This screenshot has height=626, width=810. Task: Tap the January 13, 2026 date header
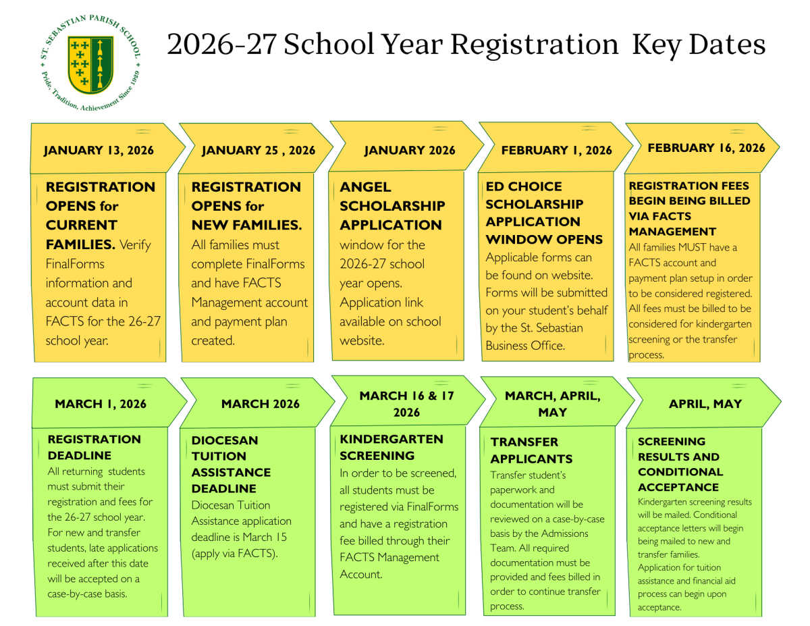(x=99, y=150)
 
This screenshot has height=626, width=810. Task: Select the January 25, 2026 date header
(x=259, y=150)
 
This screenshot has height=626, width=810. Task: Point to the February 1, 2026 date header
(x=556, y=150)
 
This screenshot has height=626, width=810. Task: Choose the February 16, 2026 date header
(x=706, y=148)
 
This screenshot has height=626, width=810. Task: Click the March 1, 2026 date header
(x=101, y=404)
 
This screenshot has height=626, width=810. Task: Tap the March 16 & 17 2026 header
(x=406, y=404)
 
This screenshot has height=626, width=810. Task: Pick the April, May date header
(x=705, y=404)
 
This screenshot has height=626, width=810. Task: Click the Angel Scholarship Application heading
(x=391, y=206)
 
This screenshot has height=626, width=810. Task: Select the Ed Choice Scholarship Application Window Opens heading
(x=544, y=213)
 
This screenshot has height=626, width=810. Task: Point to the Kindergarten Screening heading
(x=391, y=447)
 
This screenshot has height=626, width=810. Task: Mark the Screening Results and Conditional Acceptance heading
(x=680, y=464)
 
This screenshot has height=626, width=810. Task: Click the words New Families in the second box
(x=246, y=225)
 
